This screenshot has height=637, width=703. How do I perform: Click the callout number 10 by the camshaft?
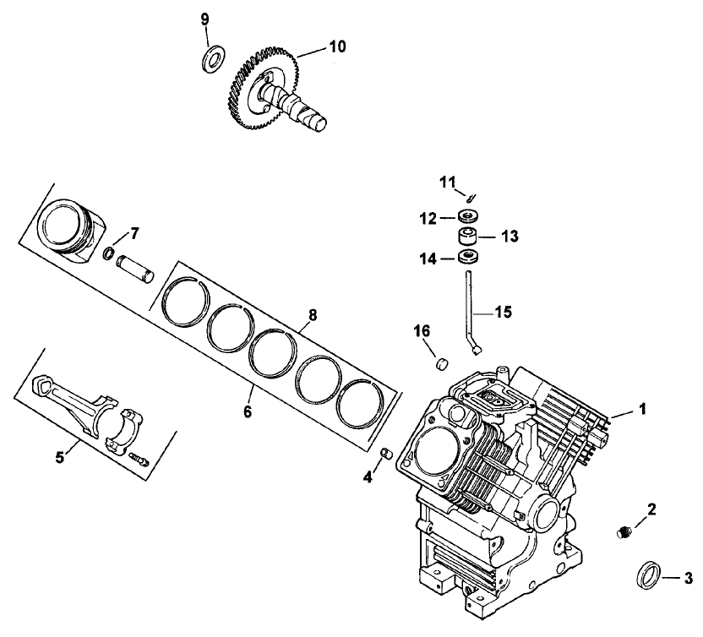[336, 47]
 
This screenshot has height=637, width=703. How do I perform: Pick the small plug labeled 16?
[440, 364]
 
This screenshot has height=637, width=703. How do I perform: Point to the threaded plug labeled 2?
[624, 533]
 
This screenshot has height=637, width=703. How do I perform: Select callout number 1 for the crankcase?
[642, 409]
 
